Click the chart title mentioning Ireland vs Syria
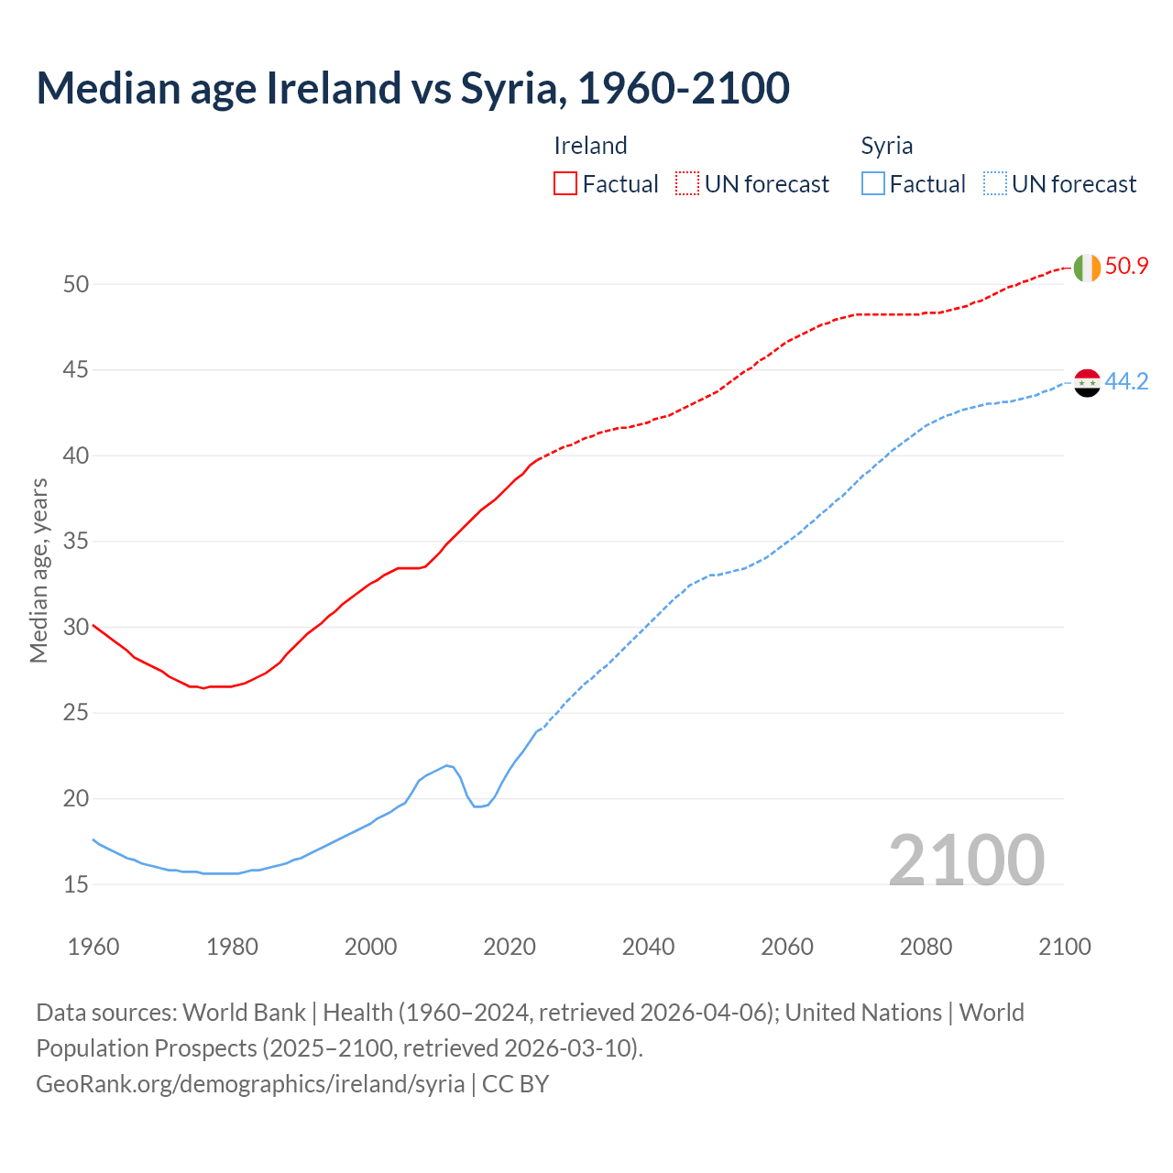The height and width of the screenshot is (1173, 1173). click(x=412, y=88)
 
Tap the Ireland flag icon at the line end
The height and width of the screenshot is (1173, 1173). click(x=1087, y=268)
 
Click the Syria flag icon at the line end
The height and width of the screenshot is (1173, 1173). click(x=1087, y=383)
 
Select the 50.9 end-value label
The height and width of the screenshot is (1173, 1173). click(x=1126, y=267)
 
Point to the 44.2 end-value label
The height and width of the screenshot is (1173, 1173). click(x=1126, y=382)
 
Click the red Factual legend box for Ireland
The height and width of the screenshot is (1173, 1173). click(x=565, y=184)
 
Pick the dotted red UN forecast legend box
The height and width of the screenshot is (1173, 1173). click(x=687, y=184)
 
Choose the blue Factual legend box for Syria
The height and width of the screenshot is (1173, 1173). click(x=873, y=184)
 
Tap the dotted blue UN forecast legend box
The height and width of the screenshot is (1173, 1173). click(x=994, y=184)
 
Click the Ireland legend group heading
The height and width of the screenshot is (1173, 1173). click(x=590, y=146)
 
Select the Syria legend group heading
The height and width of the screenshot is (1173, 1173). click(x=886, y=146)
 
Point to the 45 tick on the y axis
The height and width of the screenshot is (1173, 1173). click(x=76, y=370)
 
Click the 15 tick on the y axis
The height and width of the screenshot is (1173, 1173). click(x=76, y=884)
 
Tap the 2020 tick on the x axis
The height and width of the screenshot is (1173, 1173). click(x=510, y=947)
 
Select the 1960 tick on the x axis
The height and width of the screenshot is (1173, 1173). click(x=93, y=947)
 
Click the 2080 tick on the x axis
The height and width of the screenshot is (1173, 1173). click(x=926, y=947)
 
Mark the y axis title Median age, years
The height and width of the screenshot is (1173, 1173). click(x=38, y=570)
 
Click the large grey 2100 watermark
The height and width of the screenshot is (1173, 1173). click(x=966, y=860)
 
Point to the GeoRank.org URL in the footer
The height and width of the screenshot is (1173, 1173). click(x=250, y=1084)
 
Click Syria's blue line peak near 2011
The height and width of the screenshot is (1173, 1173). click(x=447, y=765)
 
